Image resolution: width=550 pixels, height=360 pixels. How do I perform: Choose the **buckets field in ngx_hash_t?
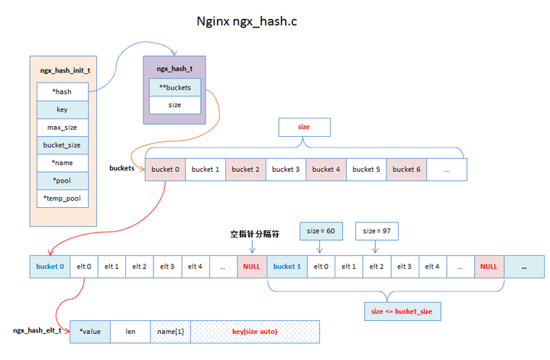click(x=175, y=87)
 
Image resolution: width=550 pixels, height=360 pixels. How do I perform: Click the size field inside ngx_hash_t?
click(x=175, y=105)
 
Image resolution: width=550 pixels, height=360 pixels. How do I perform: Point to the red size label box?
click(x=303, y=127)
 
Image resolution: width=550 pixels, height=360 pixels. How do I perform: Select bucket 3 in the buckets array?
click(x=286, y=169)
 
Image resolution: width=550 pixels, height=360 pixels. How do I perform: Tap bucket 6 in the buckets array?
click(x=406, y=169)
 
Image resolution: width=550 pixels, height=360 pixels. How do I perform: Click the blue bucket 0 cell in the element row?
click(x=50, y=266)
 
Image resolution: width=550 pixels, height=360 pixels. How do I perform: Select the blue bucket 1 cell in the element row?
click(x=287, y=266)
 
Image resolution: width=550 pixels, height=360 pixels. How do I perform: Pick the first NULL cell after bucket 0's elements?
click(x=251, y=266)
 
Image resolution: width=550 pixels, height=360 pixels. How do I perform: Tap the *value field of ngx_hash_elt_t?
click(x=90, y=331)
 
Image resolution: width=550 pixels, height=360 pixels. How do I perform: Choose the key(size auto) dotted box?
click(x=254, y=331)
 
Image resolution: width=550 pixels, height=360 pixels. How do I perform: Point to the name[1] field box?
click(x=170, y=331)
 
